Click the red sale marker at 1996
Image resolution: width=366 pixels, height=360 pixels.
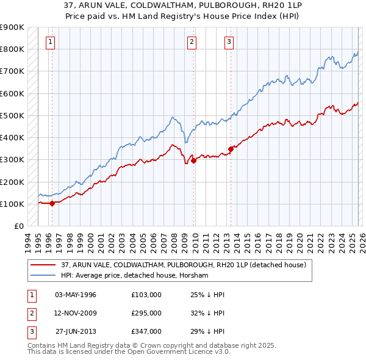click(52, 203)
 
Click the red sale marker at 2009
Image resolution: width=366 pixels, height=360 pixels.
click(193, 161)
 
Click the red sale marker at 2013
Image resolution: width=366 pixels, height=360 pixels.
click(231, 149)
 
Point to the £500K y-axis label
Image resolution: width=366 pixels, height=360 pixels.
click(12, 115)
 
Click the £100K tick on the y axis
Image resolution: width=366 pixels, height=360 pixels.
click(12, 204)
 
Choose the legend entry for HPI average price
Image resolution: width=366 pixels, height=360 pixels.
click(134, 276)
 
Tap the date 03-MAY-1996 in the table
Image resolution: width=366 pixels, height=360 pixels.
click(75, 295)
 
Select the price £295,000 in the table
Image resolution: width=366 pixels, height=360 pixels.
click(146, 313)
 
